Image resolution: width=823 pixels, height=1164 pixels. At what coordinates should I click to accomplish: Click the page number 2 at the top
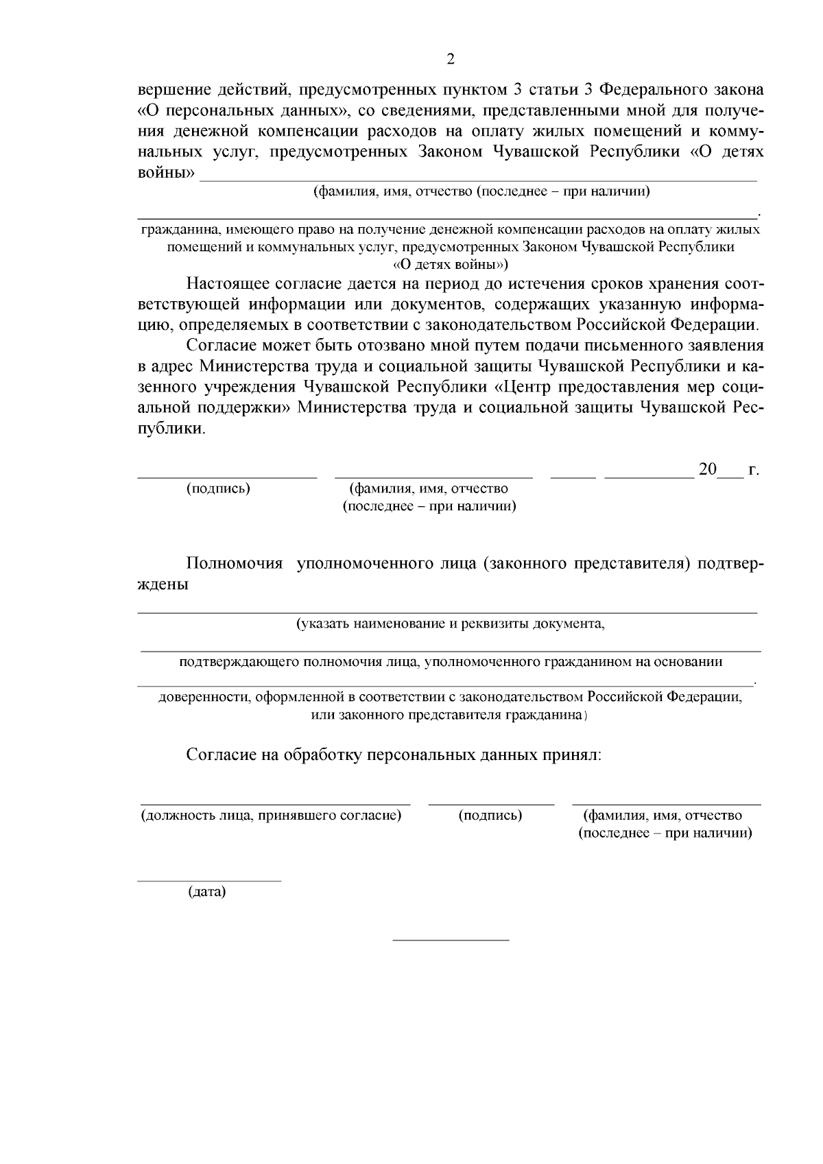click(x=450, y=59)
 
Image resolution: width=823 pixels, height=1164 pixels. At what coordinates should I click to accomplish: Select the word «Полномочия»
click(x=235, y=564)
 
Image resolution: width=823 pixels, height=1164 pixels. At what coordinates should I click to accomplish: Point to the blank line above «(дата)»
click(x=209, y=880)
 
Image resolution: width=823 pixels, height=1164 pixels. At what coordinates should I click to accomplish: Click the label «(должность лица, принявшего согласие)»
click(x=271, y=816)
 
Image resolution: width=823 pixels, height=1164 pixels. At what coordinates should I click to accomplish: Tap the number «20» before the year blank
click(x=707, y=470)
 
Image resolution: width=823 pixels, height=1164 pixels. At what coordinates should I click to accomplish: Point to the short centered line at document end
click(x=451, y=939)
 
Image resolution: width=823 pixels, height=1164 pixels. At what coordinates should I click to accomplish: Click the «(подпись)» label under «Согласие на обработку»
click(x=490, y=816)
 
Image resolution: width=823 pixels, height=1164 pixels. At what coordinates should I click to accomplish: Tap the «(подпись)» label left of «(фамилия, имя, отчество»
click(x=218, y=489)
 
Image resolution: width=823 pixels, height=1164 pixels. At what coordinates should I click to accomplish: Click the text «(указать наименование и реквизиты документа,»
click(x=450, y=624)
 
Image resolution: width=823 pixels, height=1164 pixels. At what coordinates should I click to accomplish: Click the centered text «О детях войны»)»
click(x=451, y=265)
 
